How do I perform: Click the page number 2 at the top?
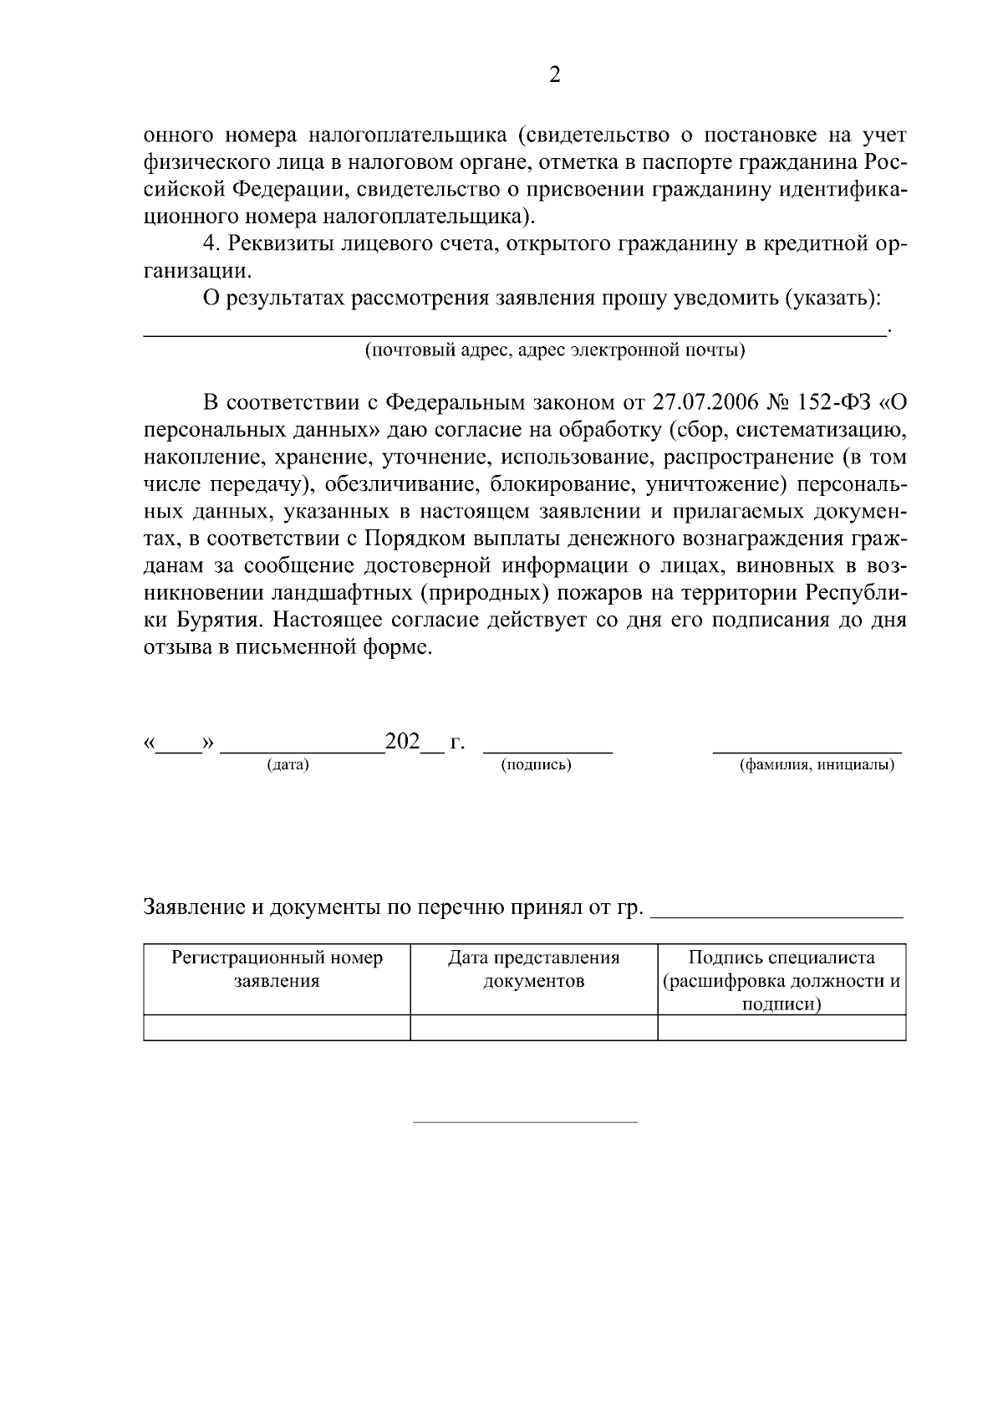(554, 75)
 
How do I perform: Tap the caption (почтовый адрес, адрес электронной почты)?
(554, 350)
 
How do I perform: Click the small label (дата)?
(288, 765)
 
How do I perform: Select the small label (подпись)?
(536, 765)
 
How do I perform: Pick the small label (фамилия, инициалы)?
(817, 765)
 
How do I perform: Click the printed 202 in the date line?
(402, 742)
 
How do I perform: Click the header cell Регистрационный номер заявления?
(277, 969)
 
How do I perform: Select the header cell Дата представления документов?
(533, 969)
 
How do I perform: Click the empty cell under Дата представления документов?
(533, 1028)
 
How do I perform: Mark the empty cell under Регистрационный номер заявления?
(277, 1028)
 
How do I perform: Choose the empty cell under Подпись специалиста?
(781, 1028)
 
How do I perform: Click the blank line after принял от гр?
(776, 915)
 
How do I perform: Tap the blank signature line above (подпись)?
(548, 751)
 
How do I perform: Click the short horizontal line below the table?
(525, 1121)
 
